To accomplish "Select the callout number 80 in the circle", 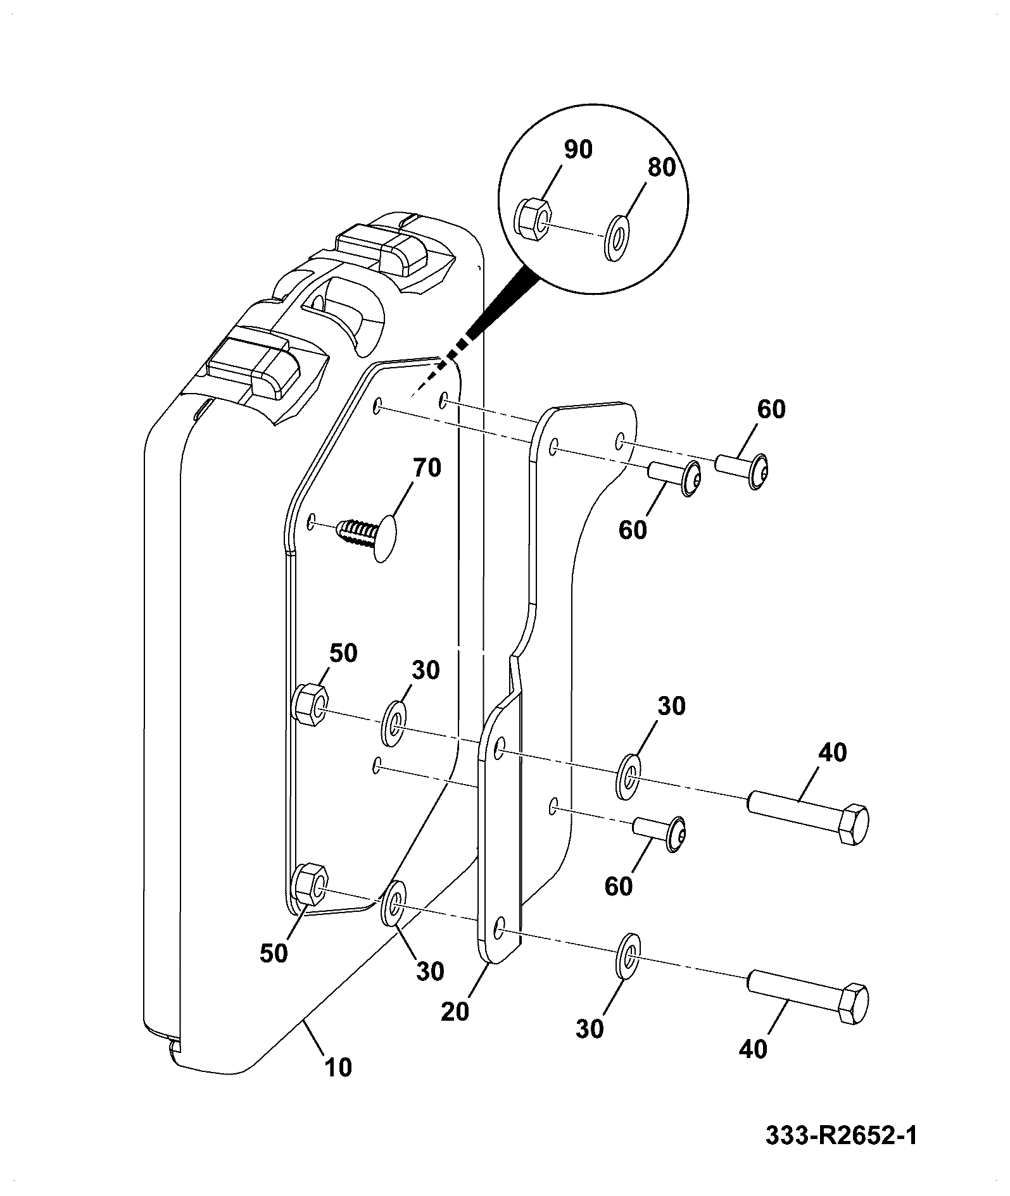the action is click(x=662, y=167).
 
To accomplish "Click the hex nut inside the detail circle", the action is click(x=533, y=218).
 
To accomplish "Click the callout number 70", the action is click(x=427, y=468).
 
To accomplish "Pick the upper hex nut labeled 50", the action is click(x=310, y=704).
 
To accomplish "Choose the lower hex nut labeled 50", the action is click(x=310, y=885).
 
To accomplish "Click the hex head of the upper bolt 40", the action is click(x=854, y=825).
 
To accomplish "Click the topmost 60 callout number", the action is click(x=771, y=409).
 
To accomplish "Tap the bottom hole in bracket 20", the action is click(x=499, y=930).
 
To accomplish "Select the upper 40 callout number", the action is click(x=832, y=752).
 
